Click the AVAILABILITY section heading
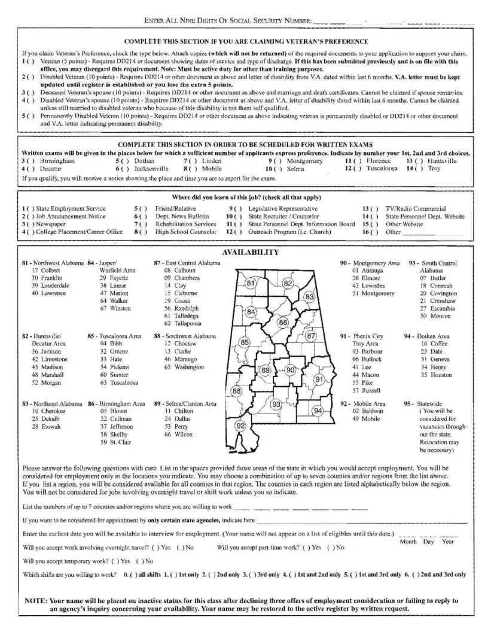(250, 253)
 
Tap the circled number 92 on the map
(241, 426)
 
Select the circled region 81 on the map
(251, 283)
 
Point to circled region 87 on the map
(311, 336)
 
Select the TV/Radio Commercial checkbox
(373, 208)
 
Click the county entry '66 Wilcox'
(176, 434)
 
